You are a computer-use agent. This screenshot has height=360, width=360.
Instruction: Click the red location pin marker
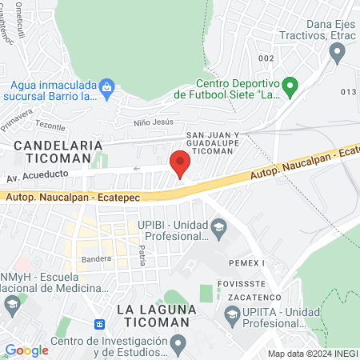(180, 163)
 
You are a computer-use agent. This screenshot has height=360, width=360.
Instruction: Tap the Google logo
(26, 350)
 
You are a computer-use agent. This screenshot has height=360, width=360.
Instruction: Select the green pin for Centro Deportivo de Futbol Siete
(291, 84)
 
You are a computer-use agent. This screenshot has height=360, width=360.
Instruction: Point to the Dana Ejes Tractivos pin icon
(337, 53)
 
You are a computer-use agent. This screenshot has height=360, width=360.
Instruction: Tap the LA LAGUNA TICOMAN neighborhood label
(153, 315)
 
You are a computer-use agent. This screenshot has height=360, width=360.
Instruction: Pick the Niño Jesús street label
(153, 124)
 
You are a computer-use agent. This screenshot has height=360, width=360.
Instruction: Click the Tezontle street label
(50, 126)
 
